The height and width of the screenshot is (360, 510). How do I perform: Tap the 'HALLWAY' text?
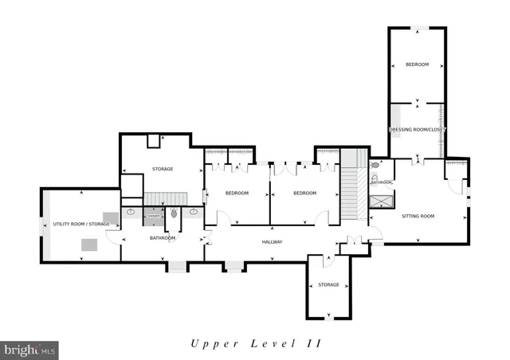[273, 242]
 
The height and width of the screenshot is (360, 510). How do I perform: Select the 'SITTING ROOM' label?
[418, 216]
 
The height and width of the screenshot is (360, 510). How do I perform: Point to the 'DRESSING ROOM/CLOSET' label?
[417, 129]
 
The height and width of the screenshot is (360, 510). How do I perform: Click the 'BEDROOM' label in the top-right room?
[417, 65]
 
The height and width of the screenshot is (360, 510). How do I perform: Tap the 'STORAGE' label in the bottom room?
[328, 284]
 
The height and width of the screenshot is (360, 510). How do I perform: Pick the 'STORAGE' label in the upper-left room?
[163, 169]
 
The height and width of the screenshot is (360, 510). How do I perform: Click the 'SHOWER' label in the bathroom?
[152, 213]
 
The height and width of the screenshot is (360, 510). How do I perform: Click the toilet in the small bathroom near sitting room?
[375, 166]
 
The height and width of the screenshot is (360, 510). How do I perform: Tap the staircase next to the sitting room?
[352, 192]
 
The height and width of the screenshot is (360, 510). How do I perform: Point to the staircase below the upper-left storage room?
[165, 198]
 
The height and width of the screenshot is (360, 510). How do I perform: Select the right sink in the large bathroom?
[194, 213]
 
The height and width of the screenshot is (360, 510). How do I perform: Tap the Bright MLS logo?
[30, 349]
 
